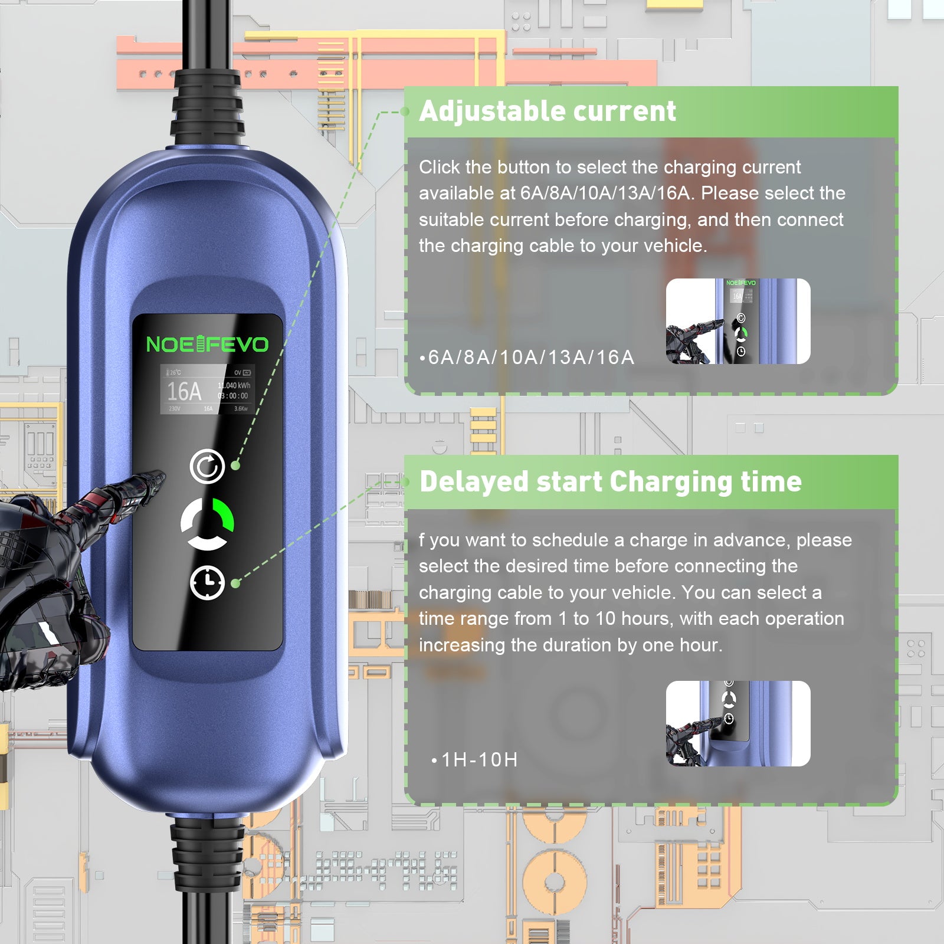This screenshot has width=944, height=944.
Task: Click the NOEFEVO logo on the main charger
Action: point(207,344)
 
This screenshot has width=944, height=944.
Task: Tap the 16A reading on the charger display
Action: point(184,391)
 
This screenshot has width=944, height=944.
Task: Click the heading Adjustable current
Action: point(547,112)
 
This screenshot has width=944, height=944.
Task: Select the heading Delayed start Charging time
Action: point(610,481)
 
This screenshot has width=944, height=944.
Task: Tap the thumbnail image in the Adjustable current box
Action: point(737,321)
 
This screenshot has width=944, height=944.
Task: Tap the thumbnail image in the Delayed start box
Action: point(737,723)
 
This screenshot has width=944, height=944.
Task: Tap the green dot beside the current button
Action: point(235,466)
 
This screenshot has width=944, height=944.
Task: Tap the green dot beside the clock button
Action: point(235,584)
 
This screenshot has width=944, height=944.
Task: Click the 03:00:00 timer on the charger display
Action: point(234,396)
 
